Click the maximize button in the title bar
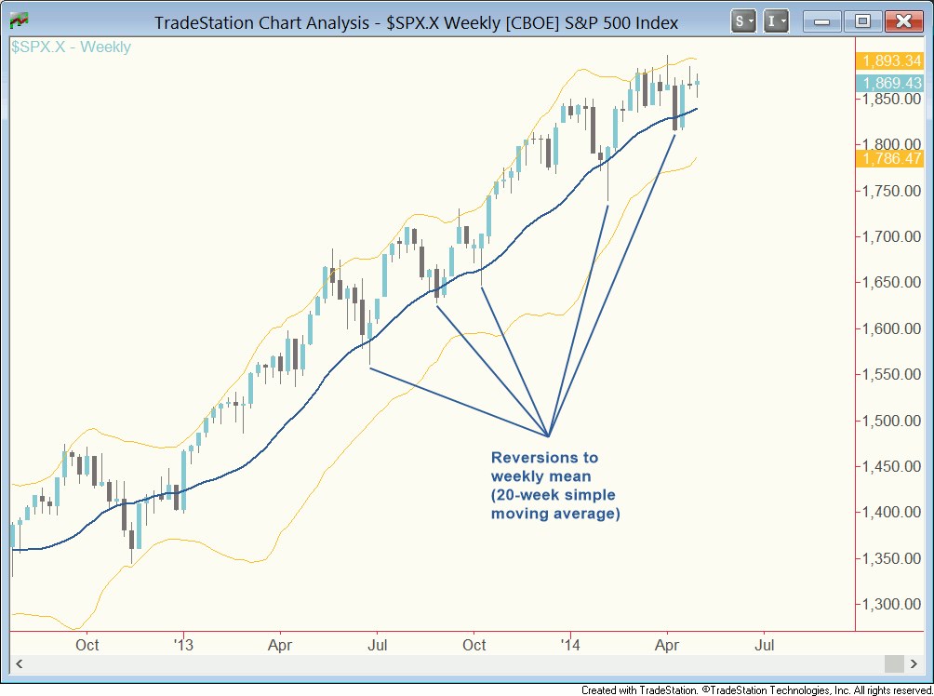pos(862,21)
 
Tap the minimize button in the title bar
pos(822,21)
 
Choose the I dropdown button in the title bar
pos(776,21)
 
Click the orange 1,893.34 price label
pos(892,62)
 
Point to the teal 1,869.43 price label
pos(892,83)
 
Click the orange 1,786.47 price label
pos(892,158)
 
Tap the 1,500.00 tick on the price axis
pos(892,421)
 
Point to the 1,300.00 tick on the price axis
pos(892,605)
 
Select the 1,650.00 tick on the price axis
pos(892,283)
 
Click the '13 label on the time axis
pos(183,644)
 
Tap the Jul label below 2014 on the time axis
pos(765,644)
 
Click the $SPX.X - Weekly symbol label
pos(71,47)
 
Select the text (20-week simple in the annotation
pos(553,495)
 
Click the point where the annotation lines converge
pos(549,435)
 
